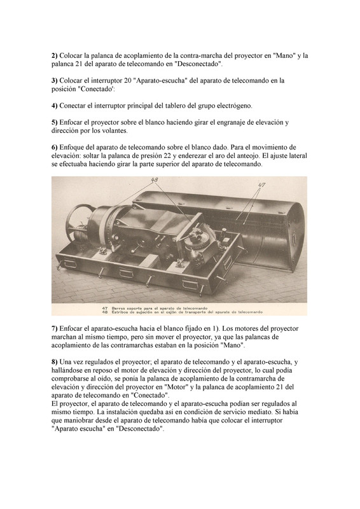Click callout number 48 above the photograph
click(155, 180)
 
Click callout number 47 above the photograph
click(261, 185)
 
